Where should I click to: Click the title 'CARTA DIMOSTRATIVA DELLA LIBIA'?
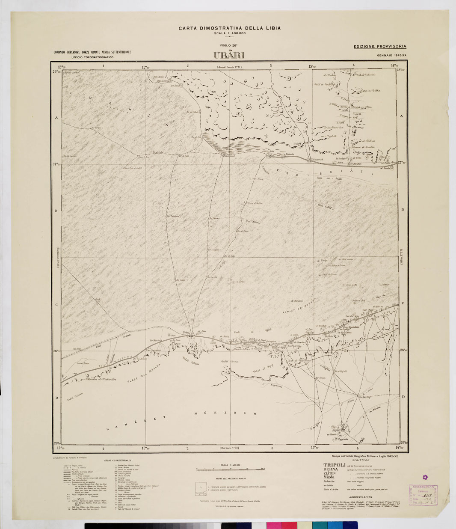click(230, 28)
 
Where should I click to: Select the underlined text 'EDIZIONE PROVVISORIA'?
click(380, 46)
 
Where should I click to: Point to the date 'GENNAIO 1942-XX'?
click(391, 55)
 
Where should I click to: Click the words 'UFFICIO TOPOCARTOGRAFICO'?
click(92, 57)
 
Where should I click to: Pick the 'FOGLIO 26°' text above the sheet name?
click(229, 46)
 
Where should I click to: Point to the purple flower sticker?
click(425, 477)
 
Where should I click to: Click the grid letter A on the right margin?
click(402, 116)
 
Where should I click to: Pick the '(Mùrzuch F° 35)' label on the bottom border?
click(229, 448)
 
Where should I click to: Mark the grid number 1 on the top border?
click(104, 66)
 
